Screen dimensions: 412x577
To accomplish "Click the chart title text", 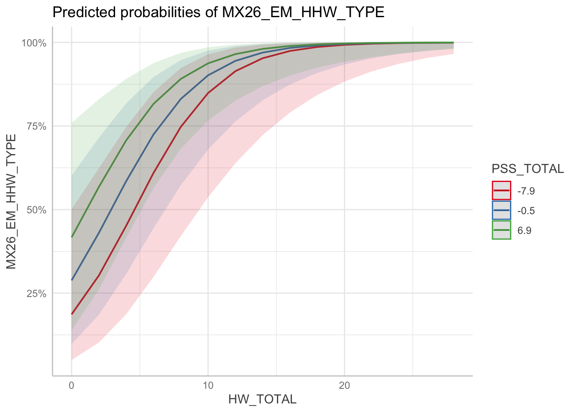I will point(218,12).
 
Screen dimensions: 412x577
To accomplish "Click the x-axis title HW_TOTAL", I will point(262,400).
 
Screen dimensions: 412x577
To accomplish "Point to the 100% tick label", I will point(34,43).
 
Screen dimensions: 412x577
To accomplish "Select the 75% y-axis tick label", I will point(36,126).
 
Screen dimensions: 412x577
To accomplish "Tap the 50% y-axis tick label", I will point(36,210).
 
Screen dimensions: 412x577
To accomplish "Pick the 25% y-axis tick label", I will point(36,294).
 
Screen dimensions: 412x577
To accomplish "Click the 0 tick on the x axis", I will point(72,385).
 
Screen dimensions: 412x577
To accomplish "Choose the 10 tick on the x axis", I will point(208,385).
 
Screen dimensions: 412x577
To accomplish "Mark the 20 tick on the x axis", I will point(344,385).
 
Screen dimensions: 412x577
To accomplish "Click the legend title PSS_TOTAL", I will point(528,169).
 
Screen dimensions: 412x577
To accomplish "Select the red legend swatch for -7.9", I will point(501,191).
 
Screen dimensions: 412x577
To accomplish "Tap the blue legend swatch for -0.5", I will point(501,210).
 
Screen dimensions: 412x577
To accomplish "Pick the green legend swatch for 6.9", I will point(501,230).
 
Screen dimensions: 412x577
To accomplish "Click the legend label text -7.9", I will point(526,191).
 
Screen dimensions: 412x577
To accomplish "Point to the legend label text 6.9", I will point(524,230).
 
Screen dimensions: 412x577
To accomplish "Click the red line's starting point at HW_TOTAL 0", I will point(72,314).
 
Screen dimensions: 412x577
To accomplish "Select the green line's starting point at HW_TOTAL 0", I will point(72,237).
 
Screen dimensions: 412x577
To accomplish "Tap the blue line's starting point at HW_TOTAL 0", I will point(72,280).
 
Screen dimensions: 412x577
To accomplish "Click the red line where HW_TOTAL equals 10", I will point(208,93).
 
